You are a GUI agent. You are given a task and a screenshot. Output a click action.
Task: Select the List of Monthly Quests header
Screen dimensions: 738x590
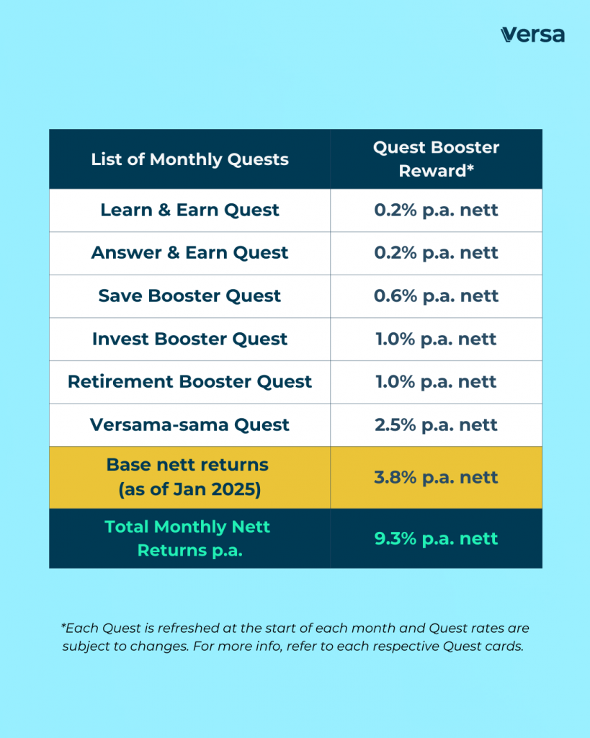(x=189, y=159)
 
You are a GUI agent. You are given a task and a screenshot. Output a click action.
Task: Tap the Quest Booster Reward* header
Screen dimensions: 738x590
(x=436, y=159)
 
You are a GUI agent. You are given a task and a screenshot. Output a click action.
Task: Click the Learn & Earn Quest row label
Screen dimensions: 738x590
(x=189, y=210)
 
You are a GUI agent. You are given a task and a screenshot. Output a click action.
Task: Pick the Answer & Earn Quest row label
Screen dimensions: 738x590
(x=189, y=253)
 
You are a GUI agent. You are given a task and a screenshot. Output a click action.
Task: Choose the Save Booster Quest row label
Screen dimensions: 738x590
(x=189, y=296)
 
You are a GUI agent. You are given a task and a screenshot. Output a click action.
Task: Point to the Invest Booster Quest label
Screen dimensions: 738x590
(x=189, y=339)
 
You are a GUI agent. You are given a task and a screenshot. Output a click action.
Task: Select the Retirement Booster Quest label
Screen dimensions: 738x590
(x=189, y=382)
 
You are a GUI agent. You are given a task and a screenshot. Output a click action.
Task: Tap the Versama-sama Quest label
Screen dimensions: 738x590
(x=189, y=424)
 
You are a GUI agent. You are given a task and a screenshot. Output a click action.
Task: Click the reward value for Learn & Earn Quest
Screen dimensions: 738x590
(x=436, y=210)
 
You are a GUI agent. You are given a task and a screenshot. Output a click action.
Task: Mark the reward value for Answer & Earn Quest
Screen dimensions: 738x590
(x=436, y=253)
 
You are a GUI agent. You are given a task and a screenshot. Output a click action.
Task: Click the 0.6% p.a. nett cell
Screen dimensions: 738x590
(x=436, y=296)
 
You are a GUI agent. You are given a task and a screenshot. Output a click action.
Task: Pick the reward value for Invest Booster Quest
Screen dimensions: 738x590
(x=436, y=339)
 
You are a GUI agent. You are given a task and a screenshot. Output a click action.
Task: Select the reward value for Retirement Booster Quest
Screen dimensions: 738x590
(x=436, y=382)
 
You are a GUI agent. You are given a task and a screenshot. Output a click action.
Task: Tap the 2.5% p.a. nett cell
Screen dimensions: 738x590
(x=436, y=424)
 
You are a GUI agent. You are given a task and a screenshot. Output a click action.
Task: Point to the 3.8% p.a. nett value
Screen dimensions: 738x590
(x=436, y=477)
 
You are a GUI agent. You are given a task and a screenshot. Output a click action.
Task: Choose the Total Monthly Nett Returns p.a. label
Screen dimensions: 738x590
(x=187, y=538)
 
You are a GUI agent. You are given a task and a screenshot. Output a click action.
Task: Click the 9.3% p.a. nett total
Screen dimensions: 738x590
(x=436, y=538)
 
